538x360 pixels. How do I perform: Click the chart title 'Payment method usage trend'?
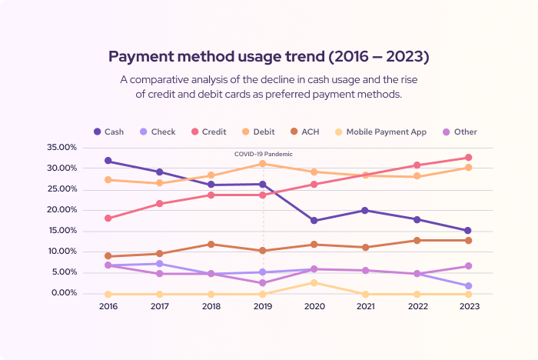(x=268, y=57)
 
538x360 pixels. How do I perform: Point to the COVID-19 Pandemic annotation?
(x=264, y=154)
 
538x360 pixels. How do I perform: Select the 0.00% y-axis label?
(x=85, y=293)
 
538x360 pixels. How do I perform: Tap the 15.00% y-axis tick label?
(x=84, y=231)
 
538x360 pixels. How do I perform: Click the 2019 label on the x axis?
(x=263, y=305)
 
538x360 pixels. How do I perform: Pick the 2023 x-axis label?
(x=468, y=305)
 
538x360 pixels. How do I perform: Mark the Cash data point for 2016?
(x=108, y=161)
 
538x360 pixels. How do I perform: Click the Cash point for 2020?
(x=314, y=221)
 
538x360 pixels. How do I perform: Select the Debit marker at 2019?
(x=263, y=163)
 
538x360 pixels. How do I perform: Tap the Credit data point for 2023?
(x=468, y=158)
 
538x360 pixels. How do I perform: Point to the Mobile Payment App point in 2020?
(x=314, y=283)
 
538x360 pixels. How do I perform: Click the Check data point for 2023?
(x=468, y=286)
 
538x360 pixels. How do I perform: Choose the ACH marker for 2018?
(x=211, y=245)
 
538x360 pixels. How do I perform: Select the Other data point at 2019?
(x=263, y=283)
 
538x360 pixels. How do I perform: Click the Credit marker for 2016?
(x=108, y=218)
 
